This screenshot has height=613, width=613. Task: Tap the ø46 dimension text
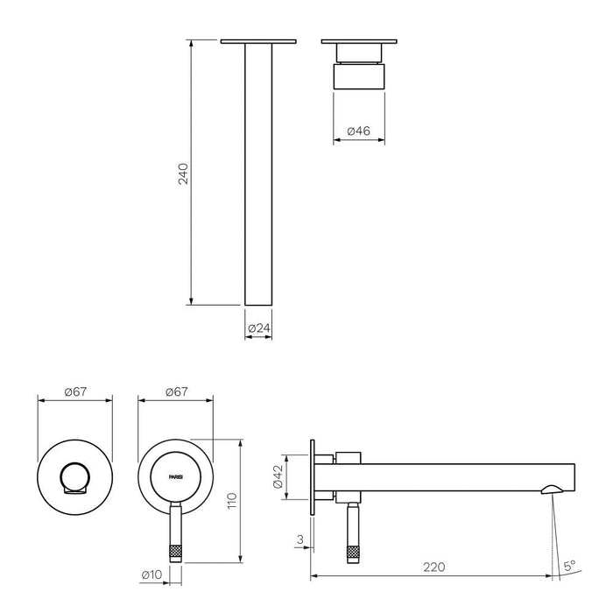pyautogui.click(x=359, y=131)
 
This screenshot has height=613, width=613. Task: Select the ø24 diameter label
pyautogui.click(x=257, y=328)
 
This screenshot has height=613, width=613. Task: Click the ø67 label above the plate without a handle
pyautogui.click(x=75, y=391)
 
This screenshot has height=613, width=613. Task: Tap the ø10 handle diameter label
pyautogui.click(x=152, y=575)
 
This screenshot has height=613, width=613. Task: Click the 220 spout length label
pyautogui.click(x=432, y=567)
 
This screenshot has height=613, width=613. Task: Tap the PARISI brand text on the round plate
pyautogui.click(x=176, y=477)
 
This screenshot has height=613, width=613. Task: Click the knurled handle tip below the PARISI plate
pyautogui.click(x=174, y=552)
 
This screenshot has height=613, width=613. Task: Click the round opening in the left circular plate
pyautogui.click(x=74, y=479)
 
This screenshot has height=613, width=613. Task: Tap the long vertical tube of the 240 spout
pyautogui.click(x=257, y=175)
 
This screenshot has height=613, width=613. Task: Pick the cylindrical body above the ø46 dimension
pyautogui.click(x=359, y=76)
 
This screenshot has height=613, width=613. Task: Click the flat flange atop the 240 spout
pyautogui.click(x=257, y=41)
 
